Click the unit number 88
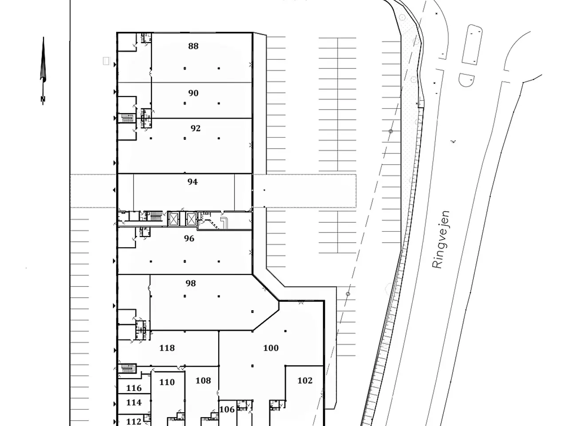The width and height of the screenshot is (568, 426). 193,46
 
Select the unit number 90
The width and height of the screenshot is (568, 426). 193,93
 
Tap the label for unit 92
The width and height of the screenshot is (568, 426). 195,128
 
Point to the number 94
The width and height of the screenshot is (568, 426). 193,182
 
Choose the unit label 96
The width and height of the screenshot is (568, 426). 189,238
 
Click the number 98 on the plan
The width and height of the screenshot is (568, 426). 191,283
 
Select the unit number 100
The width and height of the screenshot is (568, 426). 271,348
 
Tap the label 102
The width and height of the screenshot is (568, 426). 305,380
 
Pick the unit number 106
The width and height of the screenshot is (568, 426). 227,410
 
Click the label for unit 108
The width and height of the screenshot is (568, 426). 203,380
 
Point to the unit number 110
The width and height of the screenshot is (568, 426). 167,382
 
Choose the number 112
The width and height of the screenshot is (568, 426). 134,422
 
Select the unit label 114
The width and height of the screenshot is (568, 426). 134,402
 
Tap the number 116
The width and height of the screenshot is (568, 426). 134,388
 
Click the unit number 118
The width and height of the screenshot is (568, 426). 167,348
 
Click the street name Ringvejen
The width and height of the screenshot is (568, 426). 441,240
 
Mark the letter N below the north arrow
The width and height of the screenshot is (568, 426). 43,99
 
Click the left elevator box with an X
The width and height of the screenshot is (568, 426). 173,219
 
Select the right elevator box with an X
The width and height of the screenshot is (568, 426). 191,219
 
